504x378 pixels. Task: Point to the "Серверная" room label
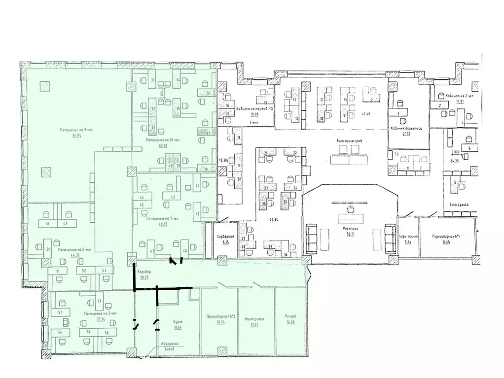point(225,237)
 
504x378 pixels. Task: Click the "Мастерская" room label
point(255,319)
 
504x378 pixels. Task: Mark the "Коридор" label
point(145,273)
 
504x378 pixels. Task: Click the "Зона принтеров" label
point(349,141)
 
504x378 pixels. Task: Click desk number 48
point(47,223)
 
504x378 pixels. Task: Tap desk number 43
point(173,198)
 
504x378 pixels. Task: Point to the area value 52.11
point(350,235)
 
